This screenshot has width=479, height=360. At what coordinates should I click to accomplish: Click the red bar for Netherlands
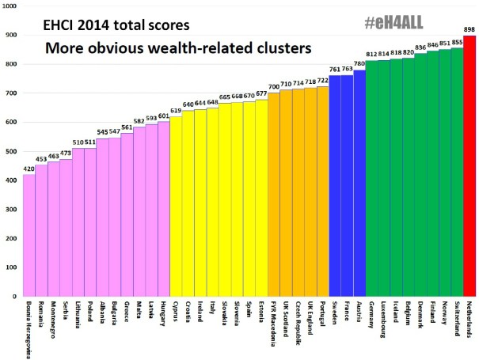[x=469, y=166]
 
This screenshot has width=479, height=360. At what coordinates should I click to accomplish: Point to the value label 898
[x=469, y=28]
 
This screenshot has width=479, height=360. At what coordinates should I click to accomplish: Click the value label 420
[x=29, y=169]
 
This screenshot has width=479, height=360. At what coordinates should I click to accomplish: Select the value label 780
[x=359, y=64]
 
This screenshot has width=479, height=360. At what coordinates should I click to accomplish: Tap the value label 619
[x=176, y=111]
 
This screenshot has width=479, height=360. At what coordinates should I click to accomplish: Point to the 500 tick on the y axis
[x=10, y=151]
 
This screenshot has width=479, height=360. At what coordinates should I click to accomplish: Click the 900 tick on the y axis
[x=10, y=36]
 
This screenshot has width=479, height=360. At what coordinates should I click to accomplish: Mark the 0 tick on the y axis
[x=16, y=297]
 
